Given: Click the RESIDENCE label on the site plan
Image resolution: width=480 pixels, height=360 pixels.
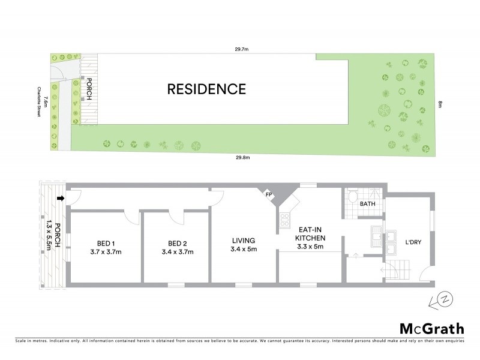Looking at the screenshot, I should click(206, 89).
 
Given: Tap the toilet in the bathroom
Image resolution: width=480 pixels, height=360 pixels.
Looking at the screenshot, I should click(353, 197).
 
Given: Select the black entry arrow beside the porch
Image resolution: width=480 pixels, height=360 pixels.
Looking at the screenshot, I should click(61, 199).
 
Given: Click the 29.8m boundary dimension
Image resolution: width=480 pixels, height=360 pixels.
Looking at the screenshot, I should click(241, 158).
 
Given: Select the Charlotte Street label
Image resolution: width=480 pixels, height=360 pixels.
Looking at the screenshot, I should click(40, 103).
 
